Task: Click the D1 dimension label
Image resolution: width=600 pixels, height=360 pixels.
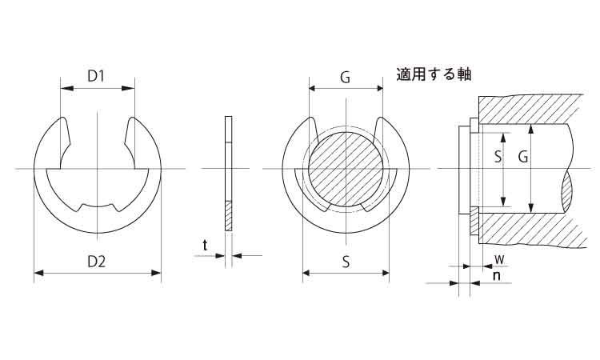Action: point(96,77)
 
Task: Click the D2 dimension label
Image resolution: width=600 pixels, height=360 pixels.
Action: point(97,262)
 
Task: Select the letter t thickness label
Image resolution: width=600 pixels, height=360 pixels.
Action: point(206,245)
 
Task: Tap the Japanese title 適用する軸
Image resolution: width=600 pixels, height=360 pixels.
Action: point(434,74)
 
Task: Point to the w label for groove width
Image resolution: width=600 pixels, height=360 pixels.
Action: point(499,259)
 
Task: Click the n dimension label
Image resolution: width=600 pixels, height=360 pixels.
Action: point(497,275)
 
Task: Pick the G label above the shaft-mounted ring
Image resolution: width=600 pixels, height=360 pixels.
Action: point(345,78)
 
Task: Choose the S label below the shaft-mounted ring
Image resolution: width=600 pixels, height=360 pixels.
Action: point(346,262)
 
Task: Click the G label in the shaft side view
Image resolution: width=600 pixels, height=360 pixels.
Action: point(523,157)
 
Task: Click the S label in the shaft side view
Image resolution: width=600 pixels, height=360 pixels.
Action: point(498,157)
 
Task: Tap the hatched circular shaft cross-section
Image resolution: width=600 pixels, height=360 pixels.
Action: point(346,169)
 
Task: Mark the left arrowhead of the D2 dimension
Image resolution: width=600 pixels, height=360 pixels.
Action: point(39,273)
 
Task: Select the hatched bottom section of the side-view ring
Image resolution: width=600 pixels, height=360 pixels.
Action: point(229,216)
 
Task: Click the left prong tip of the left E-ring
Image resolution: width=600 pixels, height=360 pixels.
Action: point(63,118)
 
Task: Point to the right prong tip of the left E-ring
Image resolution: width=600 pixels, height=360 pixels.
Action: point(132,118)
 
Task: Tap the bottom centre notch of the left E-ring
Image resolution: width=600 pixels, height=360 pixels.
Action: point(98,207)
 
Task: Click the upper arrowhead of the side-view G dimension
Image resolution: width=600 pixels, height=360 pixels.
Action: point(530,129)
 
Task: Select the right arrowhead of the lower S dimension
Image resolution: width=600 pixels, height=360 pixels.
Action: point(385,273)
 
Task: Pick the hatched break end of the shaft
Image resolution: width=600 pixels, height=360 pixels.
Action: point(567,191)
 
